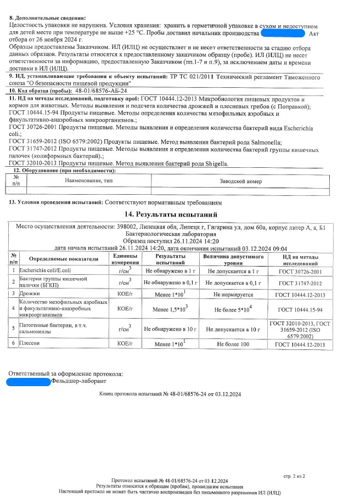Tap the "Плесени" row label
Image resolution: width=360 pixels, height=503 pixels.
coord(29,344)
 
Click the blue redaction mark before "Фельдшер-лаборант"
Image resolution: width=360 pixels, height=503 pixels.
coord(29,381)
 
